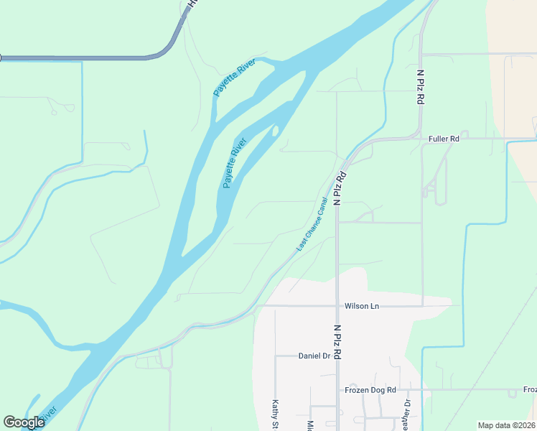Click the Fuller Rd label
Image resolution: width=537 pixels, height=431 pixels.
(x=443, y=139)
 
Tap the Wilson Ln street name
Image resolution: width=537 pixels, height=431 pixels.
(x=361, y=306)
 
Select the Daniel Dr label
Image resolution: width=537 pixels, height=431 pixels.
(x=313, y=356)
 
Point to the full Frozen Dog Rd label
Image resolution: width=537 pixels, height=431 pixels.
(x=370, y=390)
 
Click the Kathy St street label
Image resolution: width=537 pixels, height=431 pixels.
(x=274, y=414)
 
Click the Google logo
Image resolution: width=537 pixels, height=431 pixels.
(x=24, y=422)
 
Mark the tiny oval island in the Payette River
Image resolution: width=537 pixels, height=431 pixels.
(x=275, y=131)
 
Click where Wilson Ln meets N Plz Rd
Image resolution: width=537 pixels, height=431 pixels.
(x=337, y=306)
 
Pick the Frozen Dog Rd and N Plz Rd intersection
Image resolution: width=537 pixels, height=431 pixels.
(x=337, y=390)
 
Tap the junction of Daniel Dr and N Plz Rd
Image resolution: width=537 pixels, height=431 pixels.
(x=337, y=356)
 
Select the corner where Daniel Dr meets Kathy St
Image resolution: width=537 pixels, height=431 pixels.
(x=275, y=356)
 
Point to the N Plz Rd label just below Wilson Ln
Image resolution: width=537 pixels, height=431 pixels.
(x=337, y=341)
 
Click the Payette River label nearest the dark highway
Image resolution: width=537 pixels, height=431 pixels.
(x=235, y=80)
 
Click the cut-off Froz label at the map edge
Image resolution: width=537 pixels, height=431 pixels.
(x=530, y=390)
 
